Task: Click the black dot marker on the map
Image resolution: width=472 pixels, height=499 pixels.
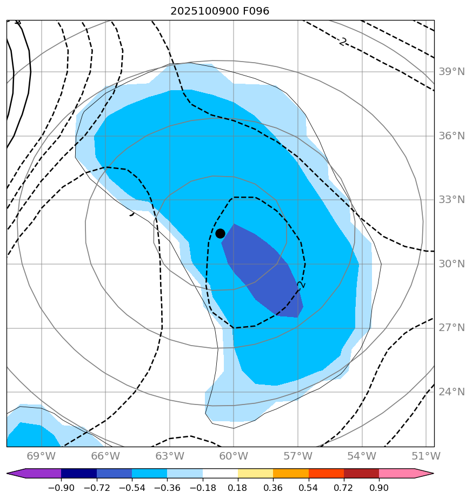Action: pyautogui.click(x=220, y=233)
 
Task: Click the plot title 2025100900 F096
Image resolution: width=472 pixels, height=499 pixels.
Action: pyautogui.click(x=220, y=11)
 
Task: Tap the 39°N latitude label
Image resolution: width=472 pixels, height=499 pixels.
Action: pyautogui.click(x=450, y=72)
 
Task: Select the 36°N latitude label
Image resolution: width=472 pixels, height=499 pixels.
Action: pyautogui.click(x=450, y=136)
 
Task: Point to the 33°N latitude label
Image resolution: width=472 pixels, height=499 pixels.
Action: pyautogui.click(x=450, y=200)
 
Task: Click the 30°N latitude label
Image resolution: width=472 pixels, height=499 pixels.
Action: pyautogui.click(x=450, y=264)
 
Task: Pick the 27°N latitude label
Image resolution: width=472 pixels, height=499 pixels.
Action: pyautogui.click(x=450, y=328)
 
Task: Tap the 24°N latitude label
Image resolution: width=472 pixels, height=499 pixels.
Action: pyautogui.click(x=450, y=392)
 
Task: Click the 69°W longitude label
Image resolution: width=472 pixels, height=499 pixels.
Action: pyautogui.click(x=41, y=456)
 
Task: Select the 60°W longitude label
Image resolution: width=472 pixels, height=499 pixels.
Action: pyautogui.click(x=234, y=456)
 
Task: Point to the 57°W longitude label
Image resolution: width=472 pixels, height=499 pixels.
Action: pyautogui.click(x=297, y=456)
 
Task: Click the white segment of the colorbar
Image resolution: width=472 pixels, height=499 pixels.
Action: pyautogui.click(x=220, y=474)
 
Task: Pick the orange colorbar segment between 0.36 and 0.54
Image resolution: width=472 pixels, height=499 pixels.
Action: pyautogui.click(x=291, y=474)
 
